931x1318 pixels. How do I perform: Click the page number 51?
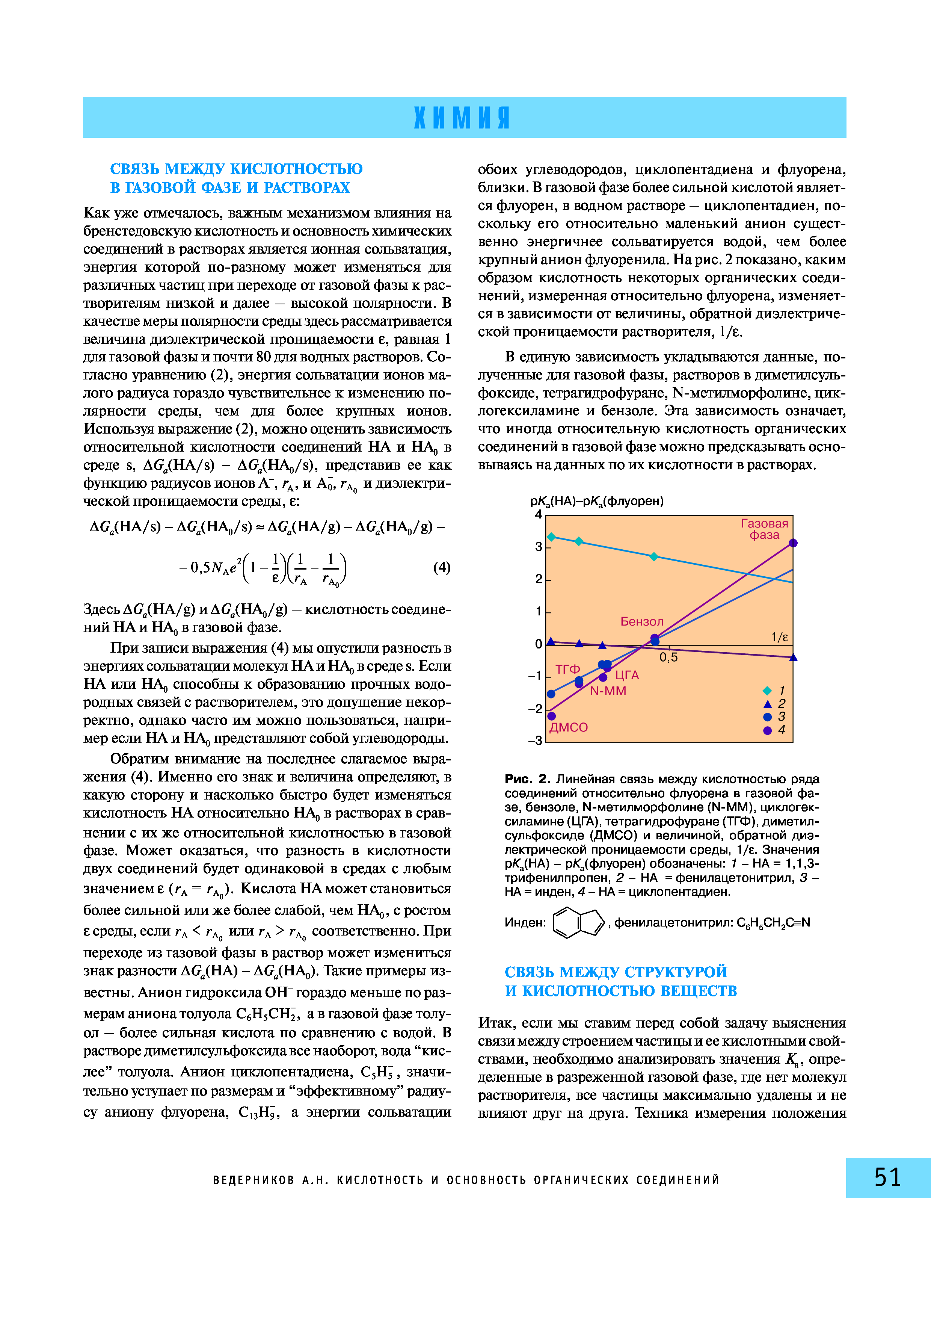887,1177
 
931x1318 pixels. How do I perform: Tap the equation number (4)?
442,568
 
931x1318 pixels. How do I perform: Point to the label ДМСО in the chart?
569,727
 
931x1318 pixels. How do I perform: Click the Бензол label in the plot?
642,622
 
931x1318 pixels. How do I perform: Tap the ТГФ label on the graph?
568,670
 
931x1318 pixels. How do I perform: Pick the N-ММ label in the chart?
608,691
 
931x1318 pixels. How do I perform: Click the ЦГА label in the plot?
627,676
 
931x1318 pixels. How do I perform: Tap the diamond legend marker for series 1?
768,691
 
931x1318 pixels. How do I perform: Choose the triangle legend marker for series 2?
768,704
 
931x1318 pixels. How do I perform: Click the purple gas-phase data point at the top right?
793,543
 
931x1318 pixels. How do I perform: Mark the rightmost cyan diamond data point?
653,557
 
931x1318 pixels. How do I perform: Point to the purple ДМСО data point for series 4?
552,716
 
